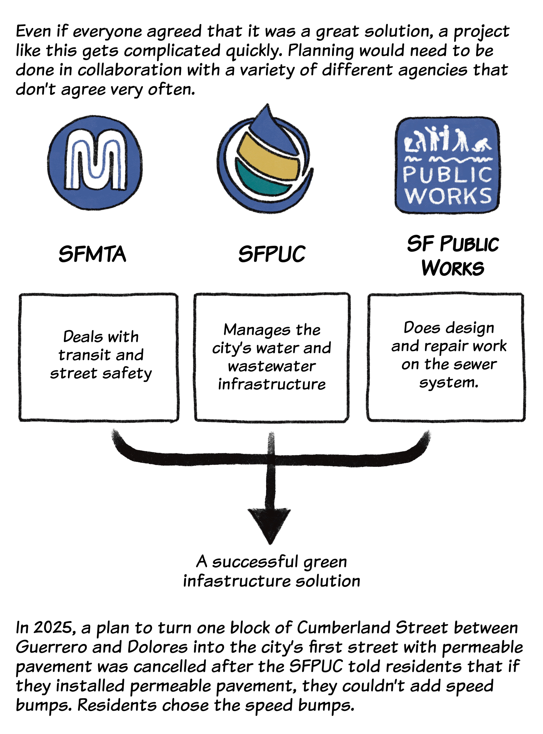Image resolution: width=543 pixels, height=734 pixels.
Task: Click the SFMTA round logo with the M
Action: (x=95, y=163)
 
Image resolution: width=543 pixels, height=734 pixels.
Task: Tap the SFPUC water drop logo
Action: (x=265, y=161)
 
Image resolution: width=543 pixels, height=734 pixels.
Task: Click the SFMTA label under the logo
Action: (x=92, y=255)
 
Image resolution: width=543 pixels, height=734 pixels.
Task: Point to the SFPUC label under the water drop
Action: (x=271, y=255)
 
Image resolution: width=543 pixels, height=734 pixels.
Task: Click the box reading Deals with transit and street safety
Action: (x=99, y=357)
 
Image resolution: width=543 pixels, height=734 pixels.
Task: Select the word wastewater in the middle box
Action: (x=271, y=366)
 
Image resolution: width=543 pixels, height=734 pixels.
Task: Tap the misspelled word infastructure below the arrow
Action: (x=237, y=581)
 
